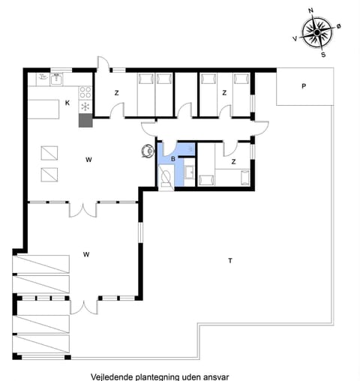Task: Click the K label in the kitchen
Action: pos(67,103)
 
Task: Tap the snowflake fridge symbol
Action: pos(85,106)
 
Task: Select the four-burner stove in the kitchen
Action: pos(85,93)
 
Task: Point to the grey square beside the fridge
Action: pos(84,119)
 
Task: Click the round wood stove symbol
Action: pos(145,151)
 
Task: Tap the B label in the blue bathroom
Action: pos(172,159)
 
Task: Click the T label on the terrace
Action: pos(230,261)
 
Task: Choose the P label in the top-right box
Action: pos(304,86)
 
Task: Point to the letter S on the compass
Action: pos(323,54)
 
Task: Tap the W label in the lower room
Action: pos(87,255)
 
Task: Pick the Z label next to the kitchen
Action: pos(116,93)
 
